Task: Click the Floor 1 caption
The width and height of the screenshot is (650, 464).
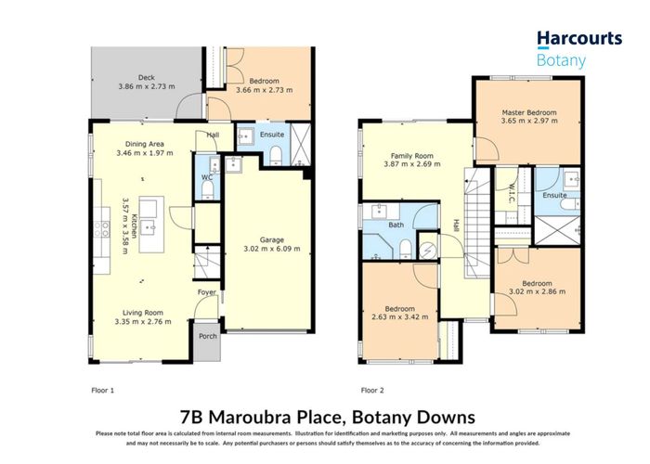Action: coord(102,391)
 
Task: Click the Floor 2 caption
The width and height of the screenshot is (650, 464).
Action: coord(372,391)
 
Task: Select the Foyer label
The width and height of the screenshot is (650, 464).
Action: coord(206,294)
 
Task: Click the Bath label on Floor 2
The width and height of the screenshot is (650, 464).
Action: coord(396,225)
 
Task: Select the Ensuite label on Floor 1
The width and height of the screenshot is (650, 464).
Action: coord(272,135)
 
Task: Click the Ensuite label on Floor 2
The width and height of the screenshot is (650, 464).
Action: coord(554,196)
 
